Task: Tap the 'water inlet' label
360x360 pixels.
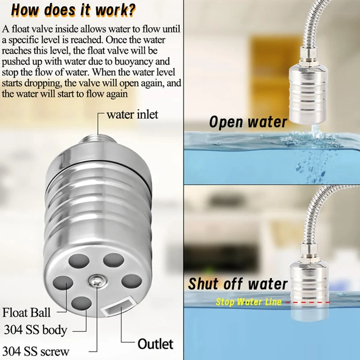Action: tap(132, 114)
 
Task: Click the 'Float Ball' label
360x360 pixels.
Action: tap(27, 312)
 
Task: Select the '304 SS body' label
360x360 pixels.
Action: tap(36, 330)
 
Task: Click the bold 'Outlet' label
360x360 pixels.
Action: tap(155, 344)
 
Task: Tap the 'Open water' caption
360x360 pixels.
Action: tap(248, 122)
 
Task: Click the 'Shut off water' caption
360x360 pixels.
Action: tap(238, 284)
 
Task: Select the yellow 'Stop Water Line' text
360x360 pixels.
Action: tap(248, 302)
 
